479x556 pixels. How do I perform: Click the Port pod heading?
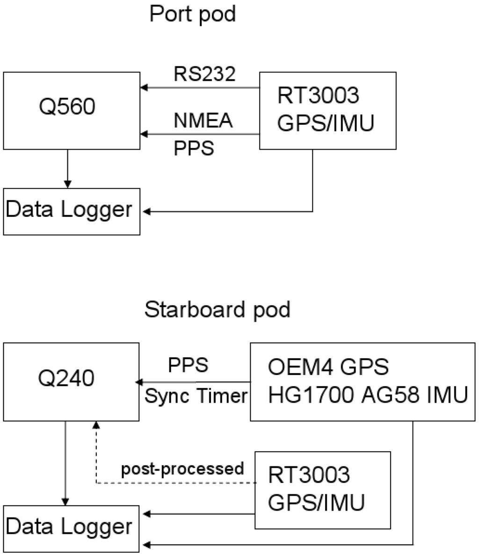(x=192, y=14)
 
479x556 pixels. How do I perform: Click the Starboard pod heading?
(x=217, y=310)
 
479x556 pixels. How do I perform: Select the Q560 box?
(x=72, y=111)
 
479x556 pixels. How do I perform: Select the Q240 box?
(x=71, y=382)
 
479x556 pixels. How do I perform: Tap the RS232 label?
(x=204, y=74)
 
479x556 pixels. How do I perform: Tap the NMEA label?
(x=203, y=121)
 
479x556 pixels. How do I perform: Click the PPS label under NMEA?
(x=194, y=148)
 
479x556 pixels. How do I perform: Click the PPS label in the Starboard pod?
(x=188, y=365)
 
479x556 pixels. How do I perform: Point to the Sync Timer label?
(x=196, y=396)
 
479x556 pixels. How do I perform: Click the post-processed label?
(x=182, y=468)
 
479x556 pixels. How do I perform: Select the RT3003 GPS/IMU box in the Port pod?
(x=327, y=110)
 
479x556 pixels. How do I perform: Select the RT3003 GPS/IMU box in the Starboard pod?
(x=322, y=490)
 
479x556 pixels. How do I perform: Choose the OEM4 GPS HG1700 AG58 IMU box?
(x=360, y=382)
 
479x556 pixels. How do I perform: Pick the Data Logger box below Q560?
(x=72, y=211)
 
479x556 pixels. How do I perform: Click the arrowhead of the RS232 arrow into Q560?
(x=144, y=87)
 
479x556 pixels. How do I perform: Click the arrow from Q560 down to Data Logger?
(x=68, y=168)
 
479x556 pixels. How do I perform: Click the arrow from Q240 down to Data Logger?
(x=65, y=463)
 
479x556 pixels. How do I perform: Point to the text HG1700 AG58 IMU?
(x=368, y=396)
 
